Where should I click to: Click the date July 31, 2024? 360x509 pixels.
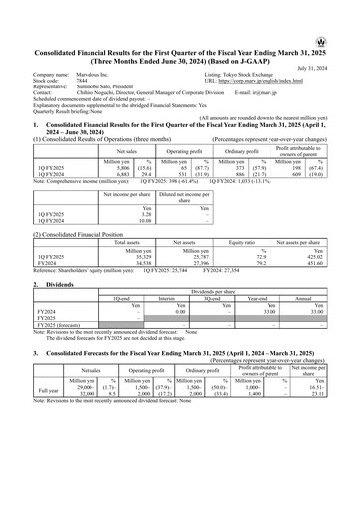(x=330, y=39)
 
